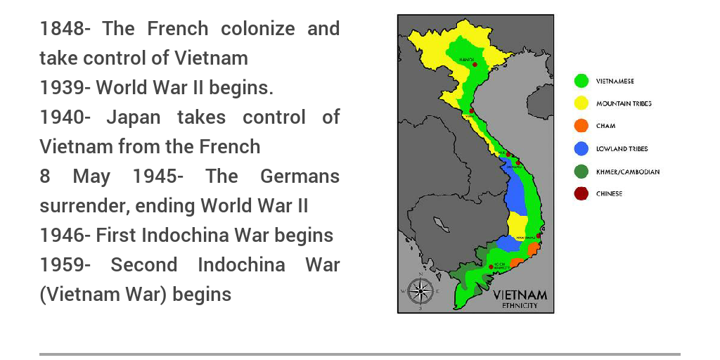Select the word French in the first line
[178, 29]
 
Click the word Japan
[134, 117]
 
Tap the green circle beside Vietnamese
[581, 82]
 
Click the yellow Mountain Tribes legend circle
[581, 104]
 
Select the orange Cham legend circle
[581, 127]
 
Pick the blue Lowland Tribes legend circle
[581, 149]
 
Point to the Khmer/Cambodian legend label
[628, 172]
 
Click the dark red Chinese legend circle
[581, 194]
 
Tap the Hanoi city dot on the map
[475, 65]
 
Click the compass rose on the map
[420, 290]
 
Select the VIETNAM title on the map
[520, 295]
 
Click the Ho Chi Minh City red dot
[491, 266]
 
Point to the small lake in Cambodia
[442, 224]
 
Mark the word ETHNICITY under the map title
[520, 306]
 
